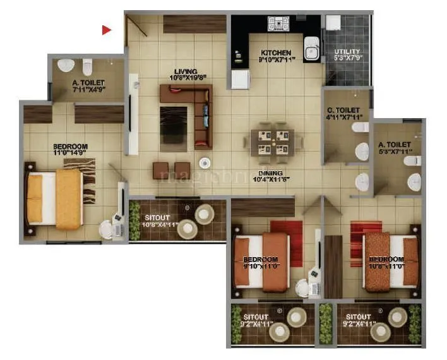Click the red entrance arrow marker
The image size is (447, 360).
[107, 29]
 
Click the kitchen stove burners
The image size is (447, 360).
[278, 25]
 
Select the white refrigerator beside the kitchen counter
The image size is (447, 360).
[240, 80]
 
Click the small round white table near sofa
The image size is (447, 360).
[205, 163]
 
